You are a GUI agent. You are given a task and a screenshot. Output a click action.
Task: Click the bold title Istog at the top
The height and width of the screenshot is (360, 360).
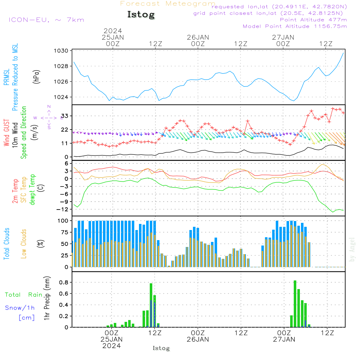click(141, 15)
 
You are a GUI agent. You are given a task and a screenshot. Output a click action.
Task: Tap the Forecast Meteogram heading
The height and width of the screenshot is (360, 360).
click(168, 4)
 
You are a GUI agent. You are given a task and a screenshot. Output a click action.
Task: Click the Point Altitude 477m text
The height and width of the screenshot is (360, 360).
click(313, 19)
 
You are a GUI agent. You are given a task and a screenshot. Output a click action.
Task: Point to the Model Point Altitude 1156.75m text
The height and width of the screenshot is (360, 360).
click(295, 26)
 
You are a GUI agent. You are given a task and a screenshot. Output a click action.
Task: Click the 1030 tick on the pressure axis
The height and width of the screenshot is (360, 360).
click(62, 51)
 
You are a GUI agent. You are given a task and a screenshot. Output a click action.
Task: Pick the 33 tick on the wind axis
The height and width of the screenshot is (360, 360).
click(65, 116)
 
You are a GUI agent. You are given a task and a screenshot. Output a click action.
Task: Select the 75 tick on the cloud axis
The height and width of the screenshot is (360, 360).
click(64, 232)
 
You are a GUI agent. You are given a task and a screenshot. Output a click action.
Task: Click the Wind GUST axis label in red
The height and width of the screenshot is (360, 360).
click(6, 133)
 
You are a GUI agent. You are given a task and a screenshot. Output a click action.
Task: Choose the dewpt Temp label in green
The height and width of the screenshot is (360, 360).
click(32, 190)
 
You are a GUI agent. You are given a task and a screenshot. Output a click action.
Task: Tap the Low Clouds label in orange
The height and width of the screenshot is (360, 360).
click(24, 243)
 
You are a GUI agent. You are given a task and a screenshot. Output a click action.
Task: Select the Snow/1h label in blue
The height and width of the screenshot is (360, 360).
click(21, 308)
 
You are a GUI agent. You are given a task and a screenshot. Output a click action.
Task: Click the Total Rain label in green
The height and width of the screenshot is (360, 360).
click(23, 295)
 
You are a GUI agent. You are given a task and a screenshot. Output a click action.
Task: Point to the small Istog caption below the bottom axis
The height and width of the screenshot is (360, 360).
click(161, 348)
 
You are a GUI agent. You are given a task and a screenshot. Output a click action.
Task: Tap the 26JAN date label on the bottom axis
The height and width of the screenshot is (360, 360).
click(198, 339)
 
